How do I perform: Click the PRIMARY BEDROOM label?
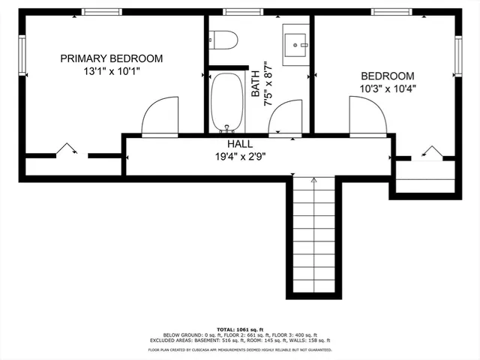coord(111,58)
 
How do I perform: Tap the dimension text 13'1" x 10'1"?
coord(111,72)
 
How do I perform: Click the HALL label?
coord(240,144)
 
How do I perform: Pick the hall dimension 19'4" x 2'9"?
coord(240,157)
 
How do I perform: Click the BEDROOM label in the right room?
coord(388,76)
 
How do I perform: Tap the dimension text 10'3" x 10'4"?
coord(388,88)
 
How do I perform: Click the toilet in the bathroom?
coord(223,39)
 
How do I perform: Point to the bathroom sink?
coord(297,43)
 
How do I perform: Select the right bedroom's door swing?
coord(367,117)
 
